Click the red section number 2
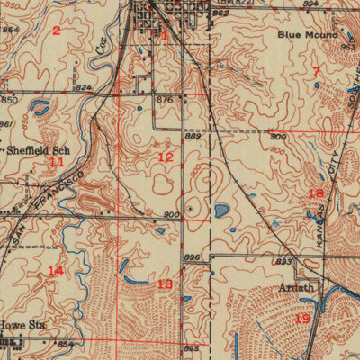[x=56, y=31]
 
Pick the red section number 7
[x=316, y=70]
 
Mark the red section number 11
[x=57, y=162]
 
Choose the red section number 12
[x=165, y=157]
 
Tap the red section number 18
[x=315, y=193]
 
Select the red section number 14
[x=56, y=270]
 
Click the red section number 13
[x=165, y=283]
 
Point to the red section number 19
[x=302, y=319]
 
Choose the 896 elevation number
[x=191, y=256]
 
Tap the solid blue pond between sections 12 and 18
[x=221, y=211]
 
